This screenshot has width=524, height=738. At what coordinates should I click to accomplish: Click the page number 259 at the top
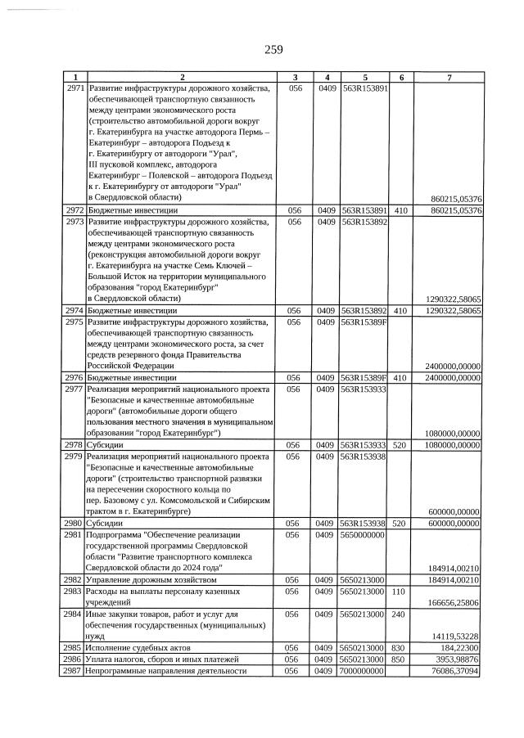[x=273, y=50]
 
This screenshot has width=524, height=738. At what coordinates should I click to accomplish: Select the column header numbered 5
[x=363, y=77]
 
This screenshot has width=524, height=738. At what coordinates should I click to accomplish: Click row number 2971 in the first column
[x=74, y=88]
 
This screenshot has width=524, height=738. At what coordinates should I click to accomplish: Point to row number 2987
[x=74, y=671]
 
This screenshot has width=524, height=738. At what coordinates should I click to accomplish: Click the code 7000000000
[x=363, y=671]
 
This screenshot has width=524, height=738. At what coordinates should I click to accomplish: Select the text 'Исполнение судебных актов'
[x=139, y=647]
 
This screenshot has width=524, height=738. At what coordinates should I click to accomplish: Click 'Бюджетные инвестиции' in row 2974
[x=132, y=311]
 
